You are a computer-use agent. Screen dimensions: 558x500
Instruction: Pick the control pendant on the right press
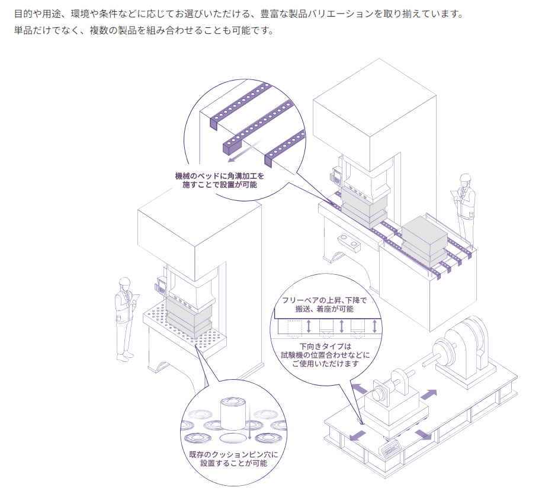336,175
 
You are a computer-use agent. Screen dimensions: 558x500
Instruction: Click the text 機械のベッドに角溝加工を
220,176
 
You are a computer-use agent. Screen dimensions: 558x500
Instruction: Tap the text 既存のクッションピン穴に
233,454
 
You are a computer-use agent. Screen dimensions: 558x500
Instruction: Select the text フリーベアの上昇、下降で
324,300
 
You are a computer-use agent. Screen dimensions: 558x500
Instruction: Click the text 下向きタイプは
325,346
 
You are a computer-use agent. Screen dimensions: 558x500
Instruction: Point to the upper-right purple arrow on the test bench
429,395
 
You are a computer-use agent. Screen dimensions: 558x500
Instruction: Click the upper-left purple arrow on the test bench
359,388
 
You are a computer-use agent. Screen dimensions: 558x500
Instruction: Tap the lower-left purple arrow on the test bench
357,435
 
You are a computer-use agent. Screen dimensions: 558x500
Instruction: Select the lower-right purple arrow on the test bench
424,434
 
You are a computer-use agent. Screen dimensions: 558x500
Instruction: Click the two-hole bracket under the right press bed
348,241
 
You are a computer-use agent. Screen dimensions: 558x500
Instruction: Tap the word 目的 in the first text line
23,14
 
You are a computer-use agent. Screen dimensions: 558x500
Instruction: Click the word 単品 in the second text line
23,30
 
